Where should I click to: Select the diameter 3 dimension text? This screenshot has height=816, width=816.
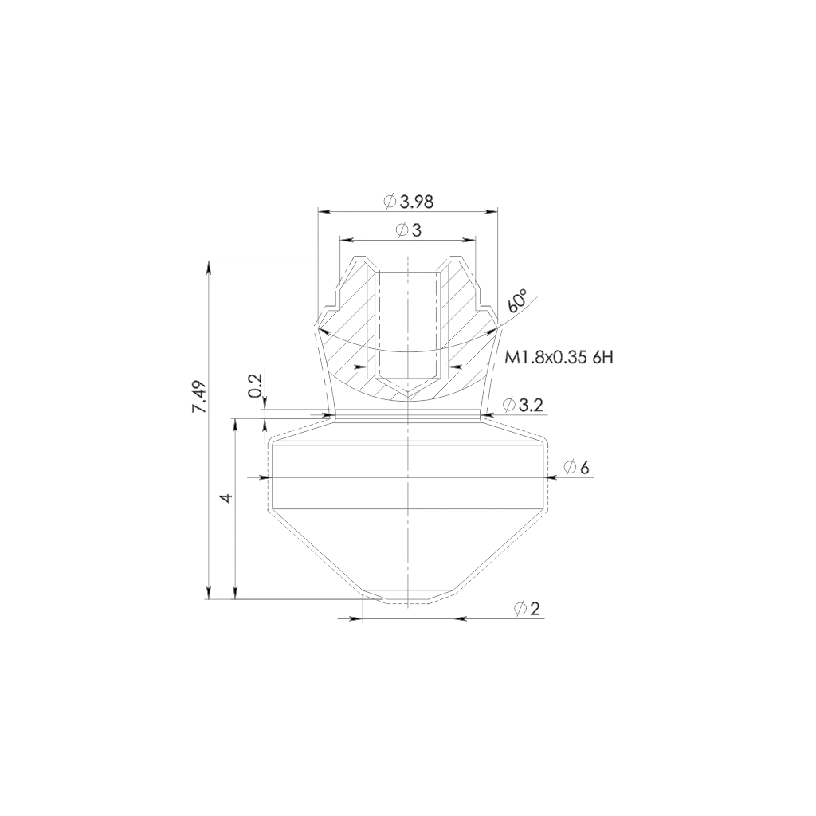point(410,231)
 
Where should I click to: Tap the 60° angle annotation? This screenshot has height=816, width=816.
point(517,301)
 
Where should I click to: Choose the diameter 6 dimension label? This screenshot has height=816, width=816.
point(583,467)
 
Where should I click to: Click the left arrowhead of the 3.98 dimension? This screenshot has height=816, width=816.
point(322,212)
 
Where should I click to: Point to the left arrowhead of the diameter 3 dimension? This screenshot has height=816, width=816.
point(346,239)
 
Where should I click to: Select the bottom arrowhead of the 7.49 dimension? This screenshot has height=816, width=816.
point(210,593)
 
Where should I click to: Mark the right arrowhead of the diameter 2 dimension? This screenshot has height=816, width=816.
point(460,619)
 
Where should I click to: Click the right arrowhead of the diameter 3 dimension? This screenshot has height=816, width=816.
point(472,239)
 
